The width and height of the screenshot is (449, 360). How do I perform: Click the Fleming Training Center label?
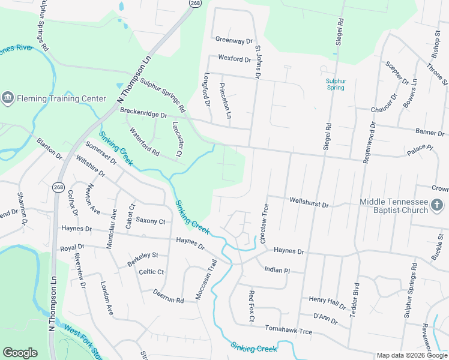coord(53,98)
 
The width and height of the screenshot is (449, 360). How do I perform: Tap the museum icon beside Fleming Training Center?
coord(8,98)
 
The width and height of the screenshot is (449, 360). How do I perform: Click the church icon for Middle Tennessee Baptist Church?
coord(437,206)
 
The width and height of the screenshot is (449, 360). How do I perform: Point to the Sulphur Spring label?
coord(336,84)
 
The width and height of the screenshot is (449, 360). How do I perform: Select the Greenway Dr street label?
coord(234,41)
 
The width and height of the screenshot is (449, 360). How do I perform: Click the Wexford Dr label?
coord(235,59)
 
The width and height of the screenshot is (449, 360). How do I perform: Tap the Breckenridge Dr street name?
coord(143,112)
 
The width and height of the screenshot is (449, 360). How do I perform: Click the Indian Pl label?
coord(277,270)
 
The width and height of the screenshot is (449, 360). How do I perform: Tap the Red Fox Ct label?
coord(252,305)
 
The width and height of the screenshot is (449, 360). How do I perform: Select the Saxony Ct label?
coord(150,221)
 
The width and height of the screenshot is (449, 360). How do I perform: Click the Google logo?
coord(20,353)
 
